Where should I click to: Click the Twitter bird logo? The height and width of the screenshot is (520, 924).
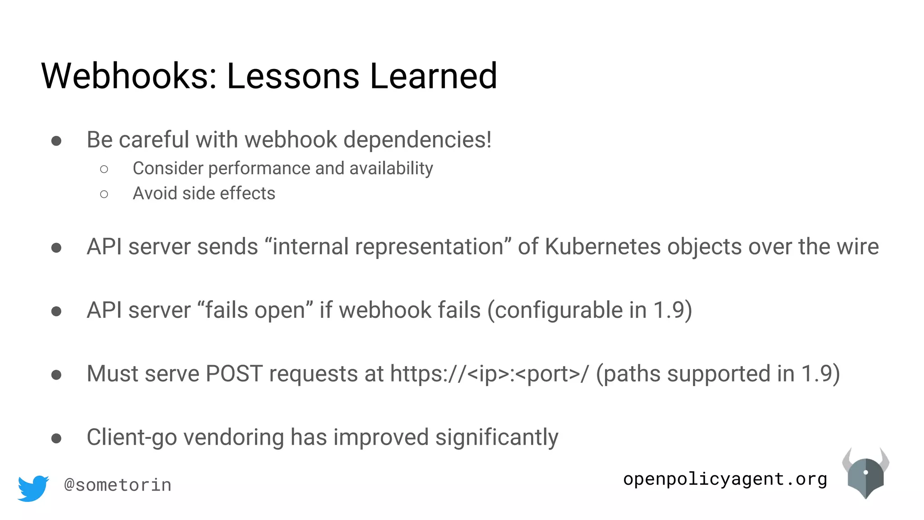pos(33,487)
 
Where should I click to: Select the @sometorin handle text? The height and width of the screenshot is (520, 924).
pos(118,485)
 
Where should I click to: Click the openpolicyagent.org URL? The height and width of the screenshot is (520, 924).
pos(725,479)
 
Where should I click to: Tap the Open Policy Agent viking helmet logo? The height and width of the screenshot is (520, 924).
pos(865,474)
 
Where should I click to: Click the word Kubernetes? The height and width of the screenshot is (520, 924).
pos(603,247)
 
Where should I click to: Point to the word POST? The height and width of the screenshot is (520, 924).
pos(234,374)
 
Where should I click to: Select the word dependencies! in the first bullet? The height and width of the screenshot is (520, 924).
pos(417,140)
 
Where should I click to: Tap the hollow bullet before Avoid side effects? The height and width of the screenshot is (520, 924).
pos(104,194)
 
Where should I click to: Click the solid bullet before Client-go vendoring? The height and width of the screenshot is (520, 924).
pos(56,438)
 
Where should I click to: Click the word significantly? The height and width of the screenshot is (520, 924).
pos(496,437)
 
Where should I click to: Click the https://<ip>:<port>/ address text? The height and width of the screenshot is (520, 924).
pos(489,374)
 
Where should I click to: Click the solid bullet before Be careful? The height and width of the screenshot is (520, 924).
pos(56,141)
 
